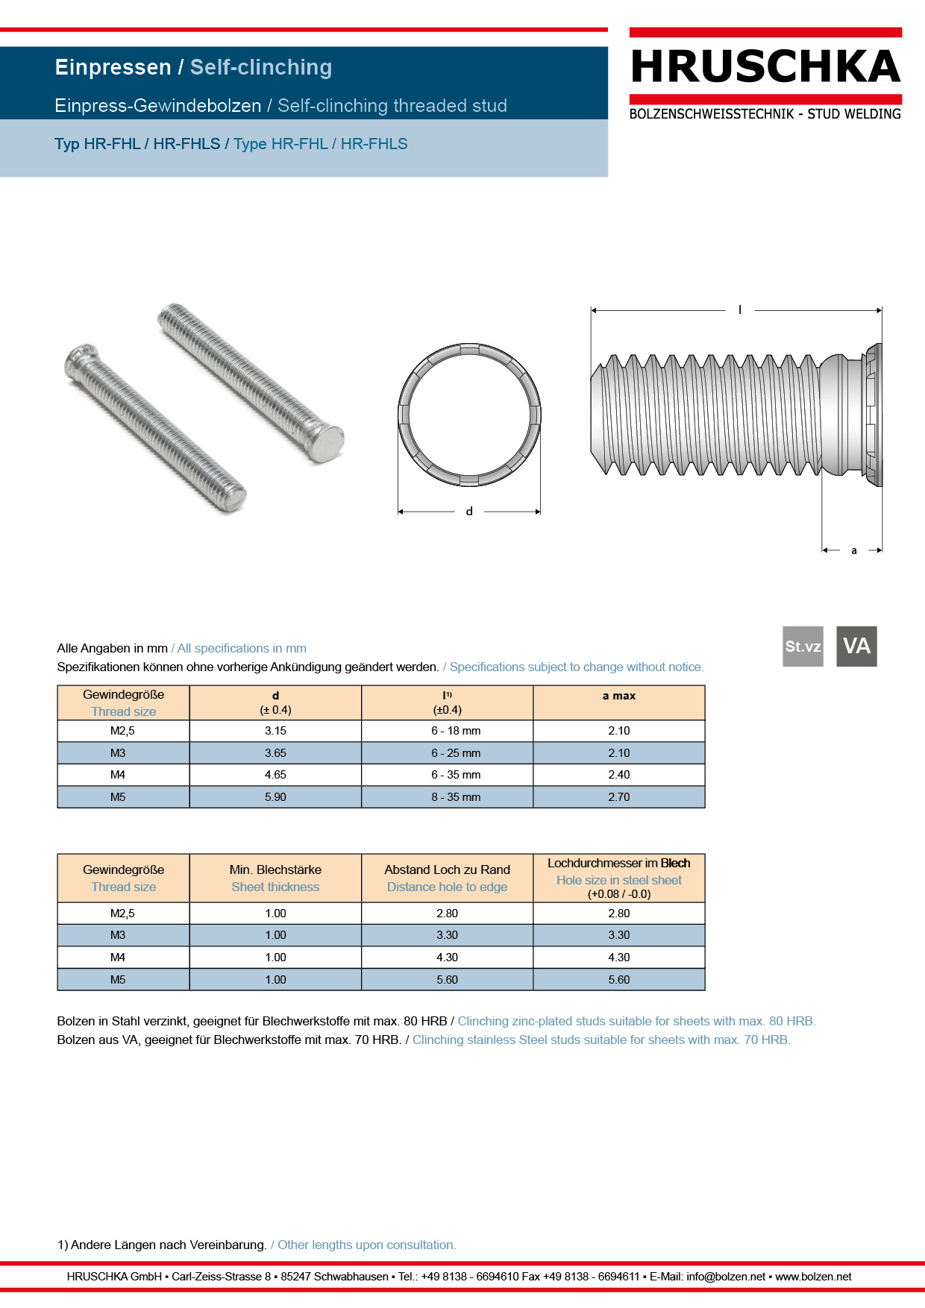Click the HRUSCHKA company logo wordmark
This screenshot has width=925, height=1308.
coord(765,67)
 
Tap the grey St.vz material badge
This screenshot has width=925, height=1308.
coord(803,646)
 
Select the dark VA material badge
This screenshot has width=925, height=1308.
coord(856,646)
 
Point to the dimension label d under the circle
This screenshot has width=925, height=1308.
coord(469,512)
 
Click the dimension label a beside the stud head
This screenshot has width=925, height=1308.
coord(854,550)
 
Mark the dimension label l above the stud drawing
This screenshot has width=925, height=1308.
coord(740,309)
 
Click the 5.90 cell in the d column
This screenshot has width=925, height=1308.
coord(275,797)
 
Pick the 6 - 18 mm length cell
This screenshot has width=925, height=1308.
coord(456,731)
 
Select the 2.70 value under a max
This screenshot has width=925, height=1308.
coord(618,797)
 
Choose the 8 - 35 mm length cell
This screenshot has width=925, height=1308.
coord(456,797)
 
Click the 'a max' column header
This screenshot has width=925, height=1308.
coord(618,696)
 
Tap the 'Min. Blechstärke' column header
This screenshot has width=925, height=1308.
coord(275,870)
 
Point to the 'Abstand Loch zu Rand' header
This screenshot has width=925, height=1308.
coord(447,870)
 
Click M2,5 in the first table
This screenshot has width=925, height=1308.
coord(122,731)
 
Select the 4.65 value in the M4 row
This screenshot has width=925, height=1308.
coord(275,775)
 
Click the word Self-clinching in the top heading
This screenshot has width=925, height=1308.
coord(260,67)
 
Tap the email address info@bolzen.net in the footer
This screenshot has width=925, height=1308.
coord(726,1277)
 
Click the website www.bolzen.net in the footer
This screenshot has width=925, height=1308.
coord(813,1277)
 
